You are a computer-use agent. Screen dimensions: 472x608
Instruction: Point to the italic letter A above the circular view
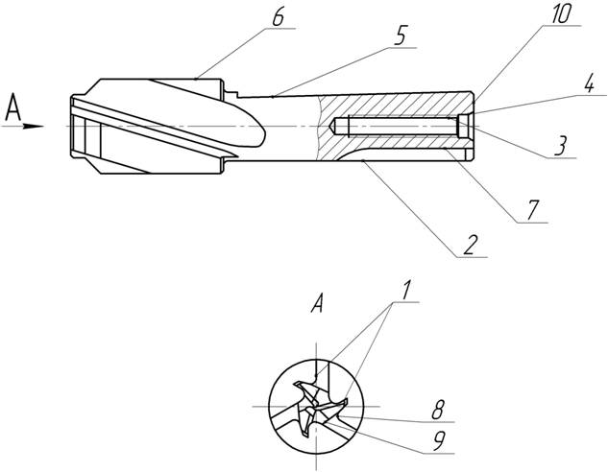pyautogui.click(x=316, y=306)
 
